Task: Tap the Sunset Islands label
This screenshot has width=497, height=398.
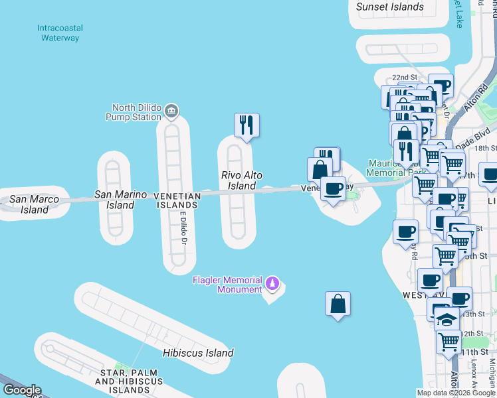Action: pos(389,7)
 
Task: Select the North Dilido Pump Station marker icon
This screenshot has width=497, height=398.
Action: pos(171,110)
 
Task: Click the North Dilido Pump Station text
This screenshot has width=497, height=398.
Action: pos(137,112)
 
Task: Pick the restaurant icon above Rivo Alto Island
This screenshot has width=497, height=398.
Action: pos(247,125)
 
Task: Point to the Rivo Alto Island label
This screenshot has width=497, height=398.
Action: pos(242,180)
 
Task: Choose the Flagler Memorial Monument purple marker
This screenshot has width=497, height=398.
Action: pos(272,284)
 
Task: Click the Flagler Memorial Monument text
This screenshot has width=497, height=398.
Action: pos(227,285)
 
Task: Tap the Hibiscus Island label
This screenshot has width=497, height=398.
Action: pos(198,353)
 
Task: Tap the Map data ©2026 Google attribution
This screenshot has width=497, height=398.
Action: pos(456,393)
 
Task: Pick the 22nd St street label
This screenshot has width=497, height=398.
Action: pos(404,78)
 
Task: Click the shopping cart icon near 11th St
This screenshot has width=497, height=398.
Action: pos(449,342)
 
